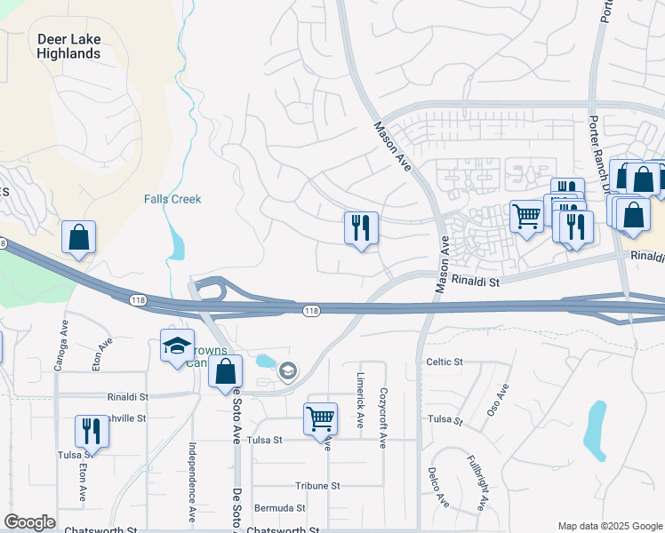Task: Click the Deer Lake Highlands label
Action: (x=68, y=46)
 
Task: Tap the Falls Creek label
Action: (x=172, y=199)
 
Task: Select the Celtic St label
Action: (x=445, y=362)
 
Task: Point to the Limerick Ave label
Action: (x=361, y=399)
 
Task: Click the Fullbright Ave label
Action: (x=477, y=483)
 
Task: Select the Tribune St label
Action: (x=317, y=486)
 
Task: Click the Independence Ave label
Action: (x=192, y=482)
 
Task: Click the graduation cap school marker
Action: (x=177, y=345)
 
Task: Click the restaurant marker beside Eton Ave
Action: (x=92, y=431)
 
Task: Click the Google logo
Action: (x=29, y=522)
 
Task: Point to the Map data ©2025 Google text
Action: (x=609, y=526)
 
